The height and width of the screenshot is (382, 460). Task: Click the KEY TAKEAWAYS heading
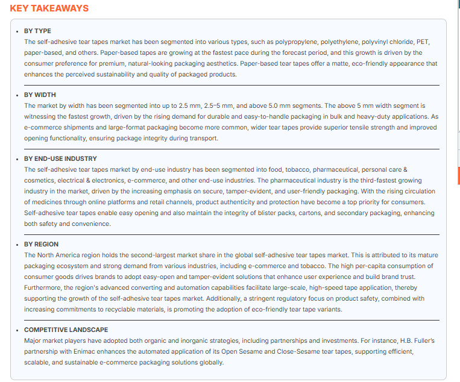tap(49, 8)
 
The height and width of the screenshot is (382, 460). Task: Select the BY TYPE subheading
tap(37, 31)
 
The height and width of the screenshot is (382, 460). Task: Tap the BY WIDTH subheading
tap(40, 95)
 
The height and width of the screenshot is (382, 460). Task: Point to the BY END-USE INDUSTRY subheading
tap(60, 159)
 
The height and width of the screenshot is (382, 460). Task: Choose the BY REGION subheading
tap(41, 245)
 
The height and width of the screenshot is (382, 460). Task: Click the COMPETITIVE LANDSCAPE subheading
tap(66, 330)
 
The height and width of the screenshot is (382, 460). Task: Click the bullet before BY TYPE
tap(17, 31)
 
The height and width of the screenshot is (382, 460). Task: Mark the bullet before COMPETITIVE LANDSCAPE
tap(17, 330)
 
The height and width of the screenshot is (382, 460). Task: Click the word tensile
tap(301, 128)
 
